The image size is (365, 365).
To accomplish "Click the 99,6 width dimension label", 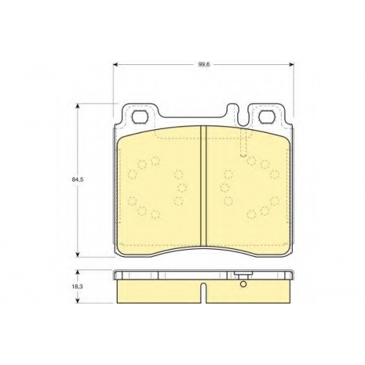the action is [x=203, y=64].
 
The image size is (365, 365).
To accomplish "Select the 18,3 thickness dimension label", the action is [x=77, y=287].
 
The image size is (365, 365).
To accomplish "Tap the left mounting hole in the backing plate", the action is [x=140, y=117].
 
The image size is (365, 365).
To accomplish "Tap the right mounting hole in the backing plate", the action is [x=266, y=117].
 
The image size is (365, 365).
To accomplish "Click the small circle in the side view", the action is [x=243, y=284].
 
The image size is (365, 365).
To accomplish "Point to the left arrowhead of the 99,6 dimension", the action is [x=116, y=64].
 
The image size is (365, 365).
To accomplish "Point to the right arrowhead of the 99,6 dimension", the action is [x=291, y=64].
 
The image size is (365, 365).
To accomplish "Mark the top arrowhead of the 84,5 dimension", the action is [x=77, y=107].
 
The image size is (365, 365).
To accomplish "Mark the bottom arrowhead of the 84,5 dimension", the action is [x=77, y=254].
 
